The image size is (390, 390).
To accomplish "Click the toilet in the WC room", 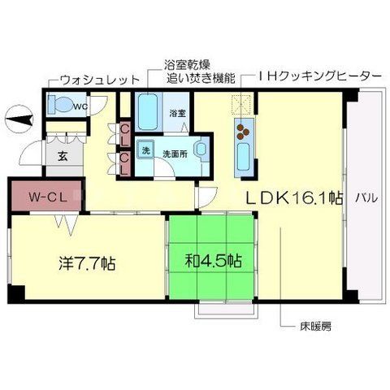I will point(62,105).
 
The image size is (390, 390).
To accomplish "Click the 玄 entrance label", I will point(63,157).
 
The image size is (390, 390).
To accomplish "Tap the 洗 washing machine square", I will point(145,150).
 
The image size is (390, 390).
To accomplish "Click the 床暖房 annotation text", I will point(315,327).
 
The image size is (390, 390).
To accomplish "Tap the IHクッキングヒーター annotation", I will point(317,76).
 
